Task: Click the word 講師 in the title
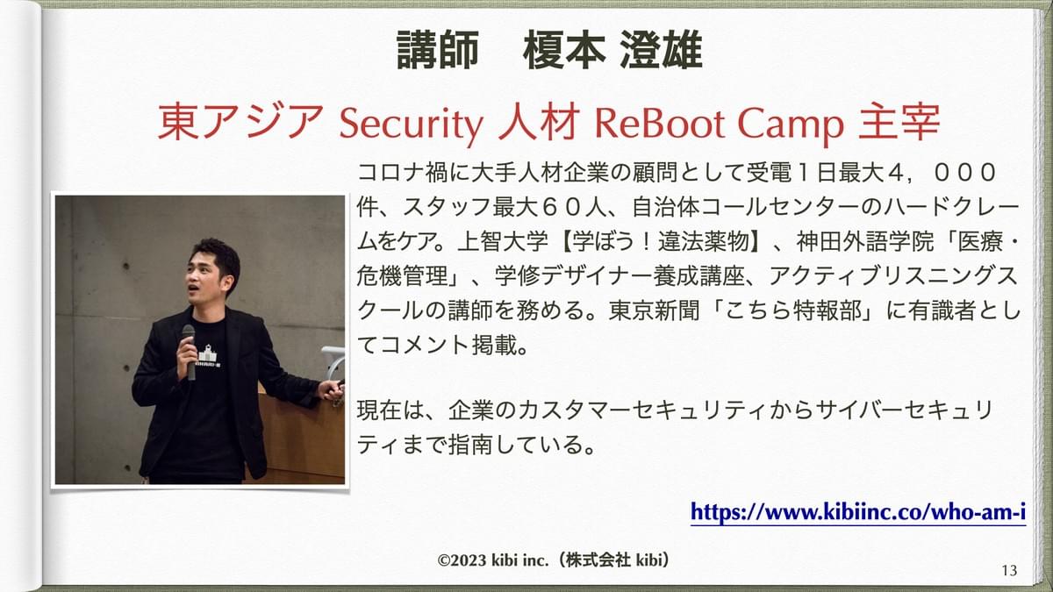pyautogui.click(x=437, y=50)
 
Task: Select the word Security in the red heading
pyautogui.click(x=412, y=124)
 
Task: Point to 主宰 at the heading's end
pyautogui.click(x=899, y=122)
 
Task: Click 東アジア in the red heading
pyautogui.click(x=240, y=122)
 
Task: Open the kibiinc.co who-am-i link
pyautogui.click(x=858, y=511)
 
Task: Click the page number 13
pyautogui.click(x=1009, y=570)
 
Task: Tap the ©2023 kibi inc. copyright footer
pyautogui.click(x=554, y=560)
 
